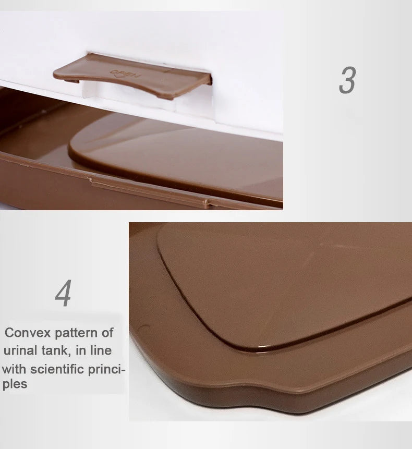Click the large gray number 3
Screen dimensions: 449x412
347,80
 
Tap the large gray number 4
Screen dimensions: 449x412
63,294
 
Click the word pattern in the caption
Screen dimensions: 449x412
76,333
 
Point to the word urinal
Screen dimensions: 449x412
21,350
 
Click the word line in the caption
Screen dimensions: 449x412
101,350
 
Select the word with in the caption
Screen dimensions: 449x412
14,369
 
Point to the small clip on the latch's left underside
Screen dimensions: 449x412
73,80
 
